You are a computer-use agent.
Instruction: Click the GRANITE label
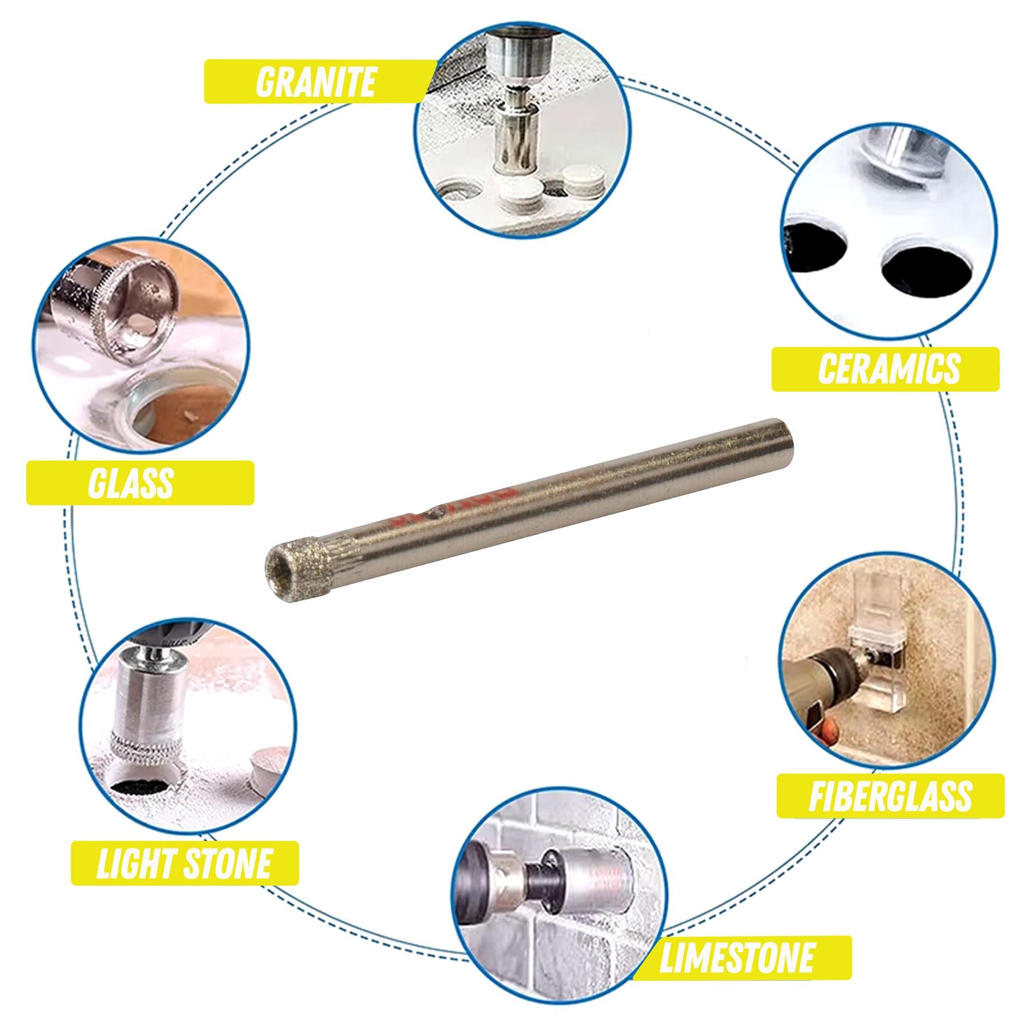[316, 82]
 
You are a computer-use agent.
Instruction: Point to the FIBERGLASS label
[890, 796]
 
